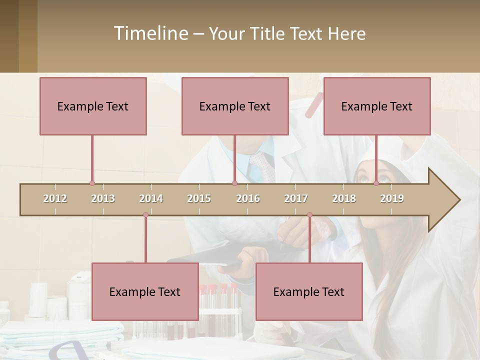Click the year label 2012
[x=55, y=198]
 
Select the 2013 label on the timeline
[x=103, y=198]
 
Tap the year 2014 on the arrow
[x=151, y=198]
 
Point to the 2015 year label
[x=199, y=198]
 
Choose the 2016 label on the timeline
[x=248, y=198]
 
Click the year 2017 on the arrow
[x=296, y=198]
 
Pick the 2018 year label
[x=344, y=198]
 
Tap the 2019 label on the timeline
[x=392, y=198]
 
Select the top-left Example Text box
[x=93, y=106]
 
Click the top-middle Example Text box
[x=235, y=106]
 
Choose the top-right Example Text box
[x=377, y=106]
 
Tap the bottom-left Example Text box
[x=145, y=291]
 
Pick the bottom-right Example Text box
[x=309, y=291]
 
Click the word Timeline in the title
[x=150, y=33]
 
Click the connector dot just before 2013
[x=92, y=183]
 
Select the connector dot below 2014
[x=145, y=214]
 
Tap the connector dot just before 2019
[x=376, y=183]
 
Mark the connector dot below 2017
[x=309, y=214]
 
